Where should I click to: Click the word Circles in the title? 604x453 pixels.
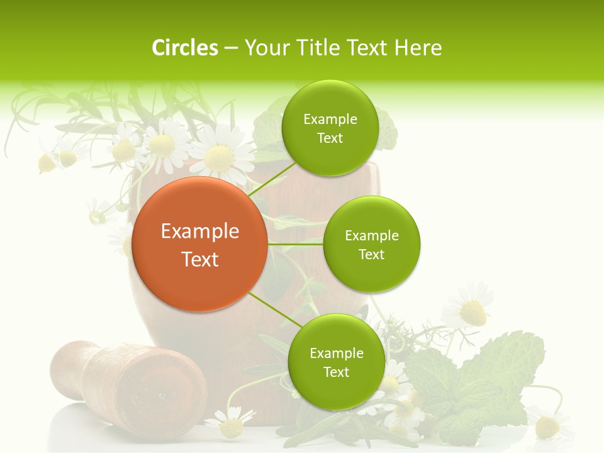tap(185, 48)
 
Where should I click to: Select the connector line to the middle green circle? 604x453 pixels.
tap(295, 243)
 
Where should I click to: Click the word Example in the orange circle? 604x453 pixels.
tap(200, 232)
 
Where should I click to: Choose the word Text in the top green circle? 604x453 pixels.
tap(330, 138)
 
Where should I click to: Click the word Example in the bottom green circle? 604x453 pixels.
tap(337, 354)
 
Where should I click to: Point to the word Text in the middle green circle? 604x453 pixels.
tap(371, 254)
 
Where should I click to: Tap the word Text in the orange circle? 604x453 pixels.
tap(200, 259)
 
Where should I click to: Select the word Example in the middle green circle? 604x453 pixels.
tap(372, 236)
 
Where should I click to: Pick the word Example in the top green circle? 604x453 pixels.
tap(330, 120)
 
